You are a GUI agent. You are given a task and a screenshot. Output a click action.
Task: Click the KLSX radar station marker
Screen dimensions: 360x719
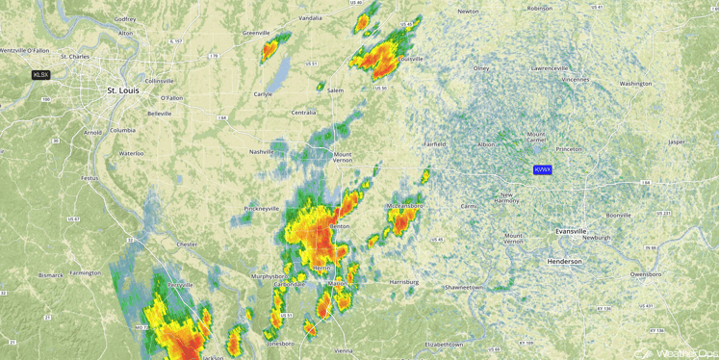tap(40, 74)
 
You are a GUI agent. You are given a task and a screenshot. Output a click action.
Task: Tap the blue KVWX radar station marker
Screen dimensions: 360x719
tap(543, 169)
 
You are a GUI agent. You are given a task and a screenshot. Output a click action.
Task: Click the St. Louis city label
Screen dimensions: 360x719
tap(122, 90)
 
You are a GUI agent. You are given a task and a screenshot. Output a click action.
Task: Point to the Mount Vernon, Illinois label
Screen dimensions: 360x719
tap(343, 156)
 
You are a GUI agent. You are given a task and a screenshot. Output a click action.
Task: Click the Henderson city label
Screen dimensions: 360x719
tap(564, 261)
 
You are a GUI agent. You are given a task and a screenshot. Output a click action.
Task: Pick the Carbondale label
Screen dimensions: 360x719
tap(290, 284)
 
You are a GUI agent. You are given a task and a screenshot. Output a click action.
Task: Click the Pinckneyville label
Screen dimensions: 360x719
tap(262, 208)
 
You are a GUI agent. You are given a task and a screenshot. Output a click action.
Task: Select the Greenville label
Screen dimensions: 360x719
tap(256, 33)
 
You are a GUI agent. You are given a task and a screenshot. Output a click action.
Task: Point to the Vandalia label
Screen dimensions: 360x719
tap(310, 18)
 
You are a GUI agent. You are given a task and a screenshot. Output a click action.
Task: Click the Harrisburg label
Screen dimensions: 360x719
tap(404, 282)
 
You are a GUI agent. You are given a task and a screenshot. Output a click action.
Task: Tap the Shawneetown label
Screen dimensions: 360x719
tap(463, 287)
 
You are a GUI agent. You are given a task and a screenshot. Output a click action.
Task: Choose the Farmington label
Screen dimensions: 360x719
tap(85, 272)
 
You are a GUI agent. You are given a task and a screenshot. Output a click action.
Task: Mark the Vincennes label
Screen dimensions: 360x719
tap(576, 79)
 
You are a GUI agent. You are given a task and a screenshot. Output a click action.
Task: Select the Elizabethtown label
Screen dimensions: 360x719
tap(444, 344)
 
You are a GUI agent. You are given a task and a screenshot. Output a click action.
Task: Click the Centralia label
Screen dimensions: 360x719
tap(303, 113)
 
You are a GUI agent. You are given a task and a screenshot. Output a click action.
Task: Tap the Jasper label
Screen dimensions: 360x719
tap(677, 141)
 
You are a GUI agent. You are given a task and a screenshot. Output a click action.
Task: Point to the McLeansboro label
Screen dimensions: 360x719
tap(405, 206)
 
